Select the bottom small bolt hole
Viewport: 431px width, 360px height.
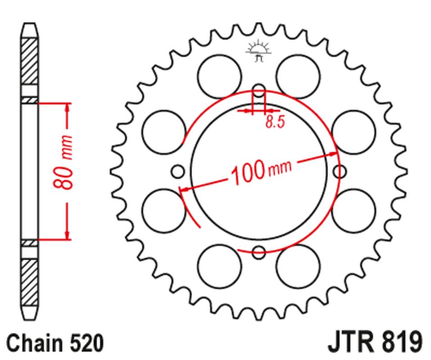point(259,252)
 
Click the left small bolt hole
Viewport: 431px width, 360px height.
point(178,171)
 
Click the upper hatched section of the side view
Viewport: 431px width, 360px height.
point(29,61)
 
